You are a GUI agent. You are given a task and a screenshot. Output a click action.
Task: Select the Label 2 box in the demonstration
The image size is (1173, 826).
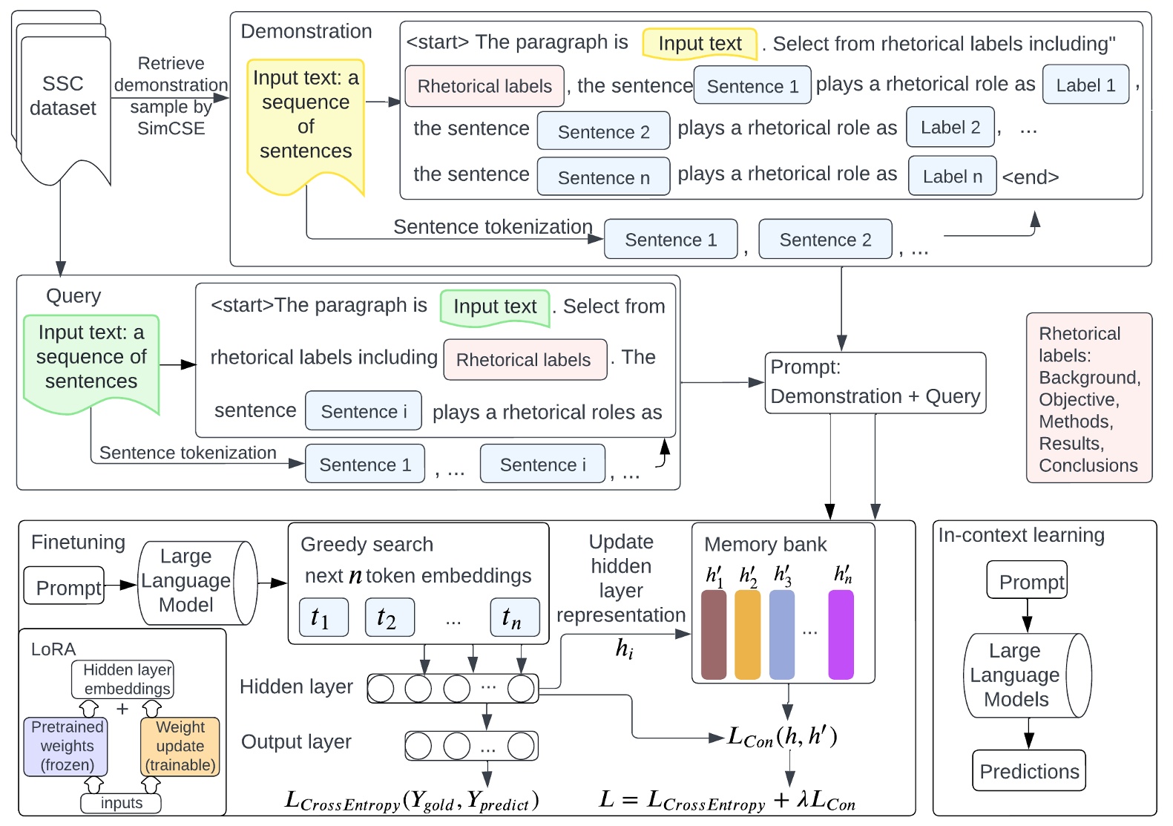coord(950,128)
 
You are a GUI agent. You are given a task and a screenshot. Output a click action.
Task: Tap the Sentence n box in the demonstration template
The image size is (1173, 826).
coord(603,177)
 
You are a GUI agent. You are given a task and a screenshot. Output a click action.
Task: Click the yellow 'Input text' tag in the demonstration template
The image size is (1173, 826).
coord(700,44)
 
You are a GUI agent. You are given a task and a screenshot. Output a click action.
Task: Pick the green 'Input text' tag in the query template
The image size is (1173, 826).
coord(495,307)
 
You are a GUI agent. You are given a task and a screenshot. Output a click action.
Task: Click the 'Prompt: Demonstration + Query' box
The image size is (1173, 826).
coord(875,382)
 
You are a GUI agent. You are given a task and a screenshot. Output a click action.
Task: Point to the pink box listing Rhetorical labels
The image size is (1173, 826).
coord(1088,399)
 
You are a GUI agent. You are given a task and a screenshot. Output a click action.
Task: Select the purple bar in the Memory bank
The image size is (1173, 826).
coord(841,635)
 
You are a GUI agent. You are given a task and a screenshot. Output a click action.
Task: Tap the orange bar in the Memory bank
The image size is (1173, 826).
coord(747,635)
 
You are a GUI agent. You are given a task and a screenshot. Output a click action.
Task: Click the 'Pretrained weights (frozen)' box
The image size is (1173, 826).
coord(66,746)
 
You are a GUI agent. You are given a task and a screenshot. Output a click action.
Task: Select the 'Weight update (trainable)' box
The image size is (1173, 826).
coord(180,746)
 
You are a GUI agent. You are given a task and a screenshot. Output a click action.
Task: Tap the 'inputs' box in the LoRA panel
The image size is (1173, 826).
coord(121,803)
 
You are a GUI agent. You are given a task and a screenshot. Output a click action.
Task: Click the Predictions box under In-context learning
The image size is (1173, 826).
coord(1028,771)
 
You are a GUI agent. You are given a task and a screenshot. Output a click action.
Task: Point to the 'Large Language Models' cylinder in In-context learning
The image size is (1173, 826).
coord(1026,675)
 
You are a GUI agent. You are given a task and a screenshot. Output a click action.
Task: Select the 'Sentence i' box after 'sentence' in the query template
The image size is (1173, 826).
coord(364,411)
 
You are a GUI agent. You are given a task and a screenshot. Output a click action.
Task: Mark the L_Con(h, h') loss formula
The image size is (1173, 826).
coord(782,736)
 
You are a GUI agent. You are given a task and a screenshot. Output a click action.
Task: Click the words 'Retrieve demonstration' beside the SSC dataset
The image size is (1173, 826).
coord(171,74)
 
